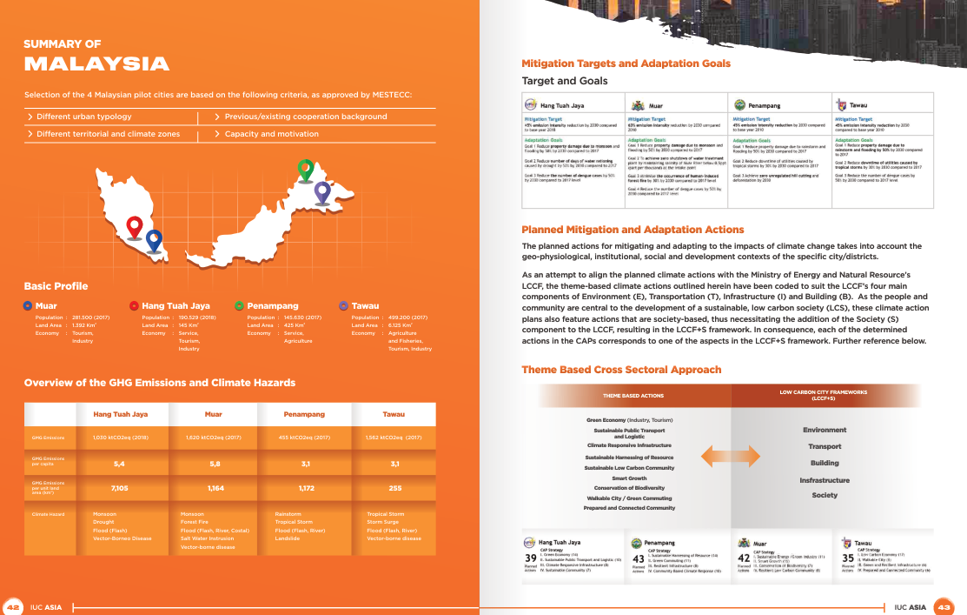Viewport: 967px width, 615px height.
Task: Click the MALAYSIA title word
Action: point(96,64)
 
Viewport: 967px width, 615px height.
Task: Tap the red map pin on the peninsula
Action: point(134,226)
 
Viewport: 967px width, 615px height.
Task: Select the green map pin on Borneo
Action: point(305,169)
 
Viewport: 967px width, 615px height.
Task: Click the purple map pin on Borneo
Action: point(322,191)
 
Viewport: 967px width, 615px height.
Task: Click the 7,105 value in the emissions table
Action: point(121,489)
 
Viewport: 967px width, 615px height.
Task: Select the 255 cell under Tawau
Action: point(395,489)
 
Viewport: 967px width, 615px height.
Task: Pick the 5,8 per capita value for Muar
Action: point(215,464)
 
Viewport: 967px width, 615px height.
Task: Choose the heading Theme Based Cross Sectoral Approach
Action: point(621,370)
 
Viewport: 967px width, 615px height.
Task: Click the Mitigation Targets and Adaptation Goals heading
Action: point(626,64)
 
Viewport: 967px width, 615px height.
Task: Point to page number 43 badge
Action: point(944,606)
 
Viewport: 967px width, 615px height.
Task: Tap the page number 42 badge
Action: point(13,606)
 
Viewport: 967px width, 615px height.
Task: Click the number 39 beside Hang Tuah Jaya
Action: point(530,558)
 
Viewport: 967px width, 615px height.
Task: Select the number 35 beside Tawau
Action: point(848,558)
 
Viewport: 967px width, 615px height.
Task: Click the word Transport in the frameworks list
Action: point(825,446)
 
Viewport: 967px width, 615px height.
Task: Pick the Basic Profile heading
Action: point(56,286)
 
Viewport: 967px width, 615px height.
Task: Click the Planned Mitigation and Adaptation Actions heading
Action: point(633,230)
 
